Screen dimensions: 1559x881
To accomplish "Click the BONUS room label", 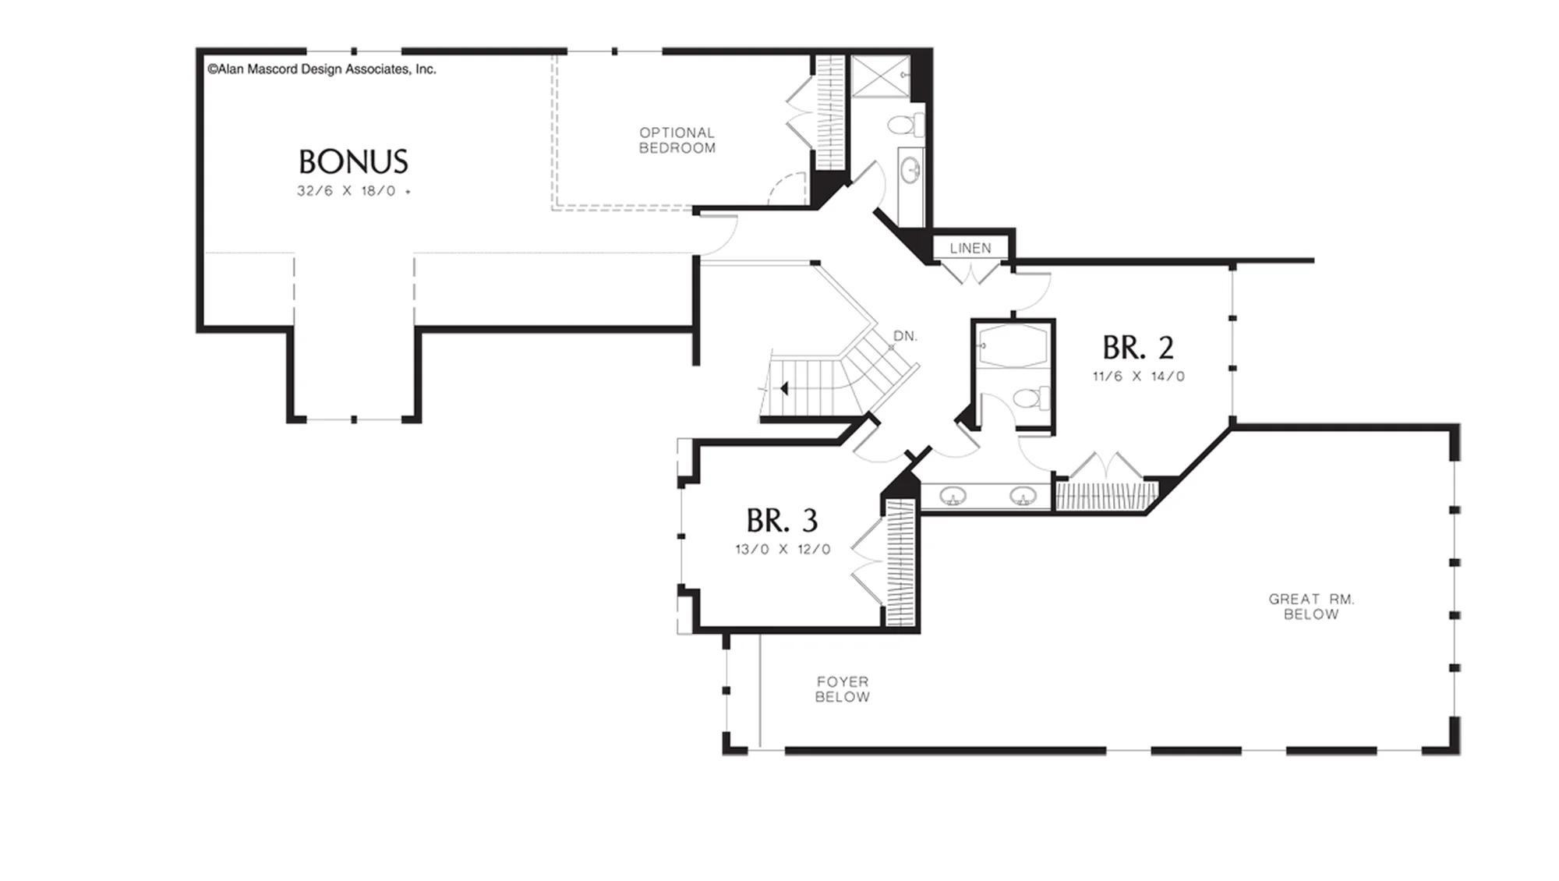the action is click(x=353, y=161).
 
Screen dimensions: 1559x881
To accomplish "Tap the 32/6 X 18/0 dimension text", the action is click(x=353, y=191).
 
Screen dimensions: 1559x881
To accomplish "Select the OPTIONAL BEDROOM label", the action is click(x=677, y=140).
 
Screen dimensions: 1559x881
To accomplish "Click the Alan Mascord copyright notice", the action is click(x=322, y=69).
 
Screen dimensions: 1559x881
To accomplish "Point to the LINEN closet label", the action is click(x=970, y=248).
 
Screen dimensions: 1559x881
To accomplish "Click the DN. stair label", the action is click(x=905, y=336).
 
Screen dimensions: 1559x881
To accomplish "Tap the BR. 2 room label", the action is click(x=1138, y=348).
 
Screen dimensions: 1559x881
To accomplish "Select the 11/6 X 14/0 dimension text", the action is click(x=1138, y=377).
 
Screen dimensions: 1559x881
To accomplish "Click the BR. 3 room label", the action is click(x=782, y=520).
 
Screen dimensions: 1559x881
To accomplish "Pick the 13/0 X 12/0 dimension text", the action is click(x=783, y=550).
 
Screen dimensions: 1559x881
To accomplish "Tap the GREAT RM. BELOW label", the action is click(x=1311, y=607).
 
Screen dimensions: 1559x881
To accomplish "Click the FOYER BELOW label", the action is click(x=842, y=689).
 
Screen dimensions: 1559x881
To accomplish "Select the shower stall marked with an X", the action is click(x=880, y=76).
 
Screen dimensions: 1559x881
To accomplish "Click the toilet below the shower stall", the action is click(x=905, y=125).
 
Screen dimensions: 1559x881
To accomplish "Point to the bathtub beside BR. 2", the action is click(x=1013, y=345).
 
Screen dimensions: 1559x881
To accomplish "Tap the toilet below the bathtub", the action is click(x=1030, y=398).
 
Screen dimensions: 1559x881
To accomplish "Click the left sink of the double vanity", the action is click(x=953, y=496).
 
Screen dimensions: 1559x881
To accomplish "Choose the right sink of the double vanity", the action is click(x=1023, y=496).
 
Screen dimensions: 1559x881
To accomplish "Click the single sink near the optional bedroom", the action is click(x=910, y=170).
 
